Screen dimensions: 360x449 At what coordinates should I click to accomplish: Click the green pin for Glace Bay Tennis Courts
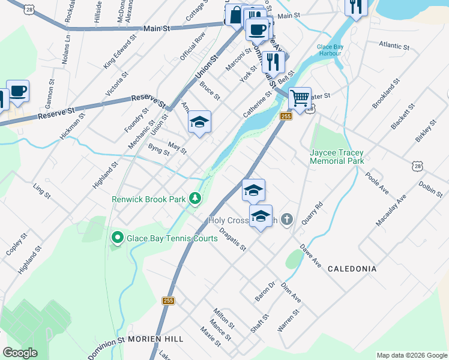117,238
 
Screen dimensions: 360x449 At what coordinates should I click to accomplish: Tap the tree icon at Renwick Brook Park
194,198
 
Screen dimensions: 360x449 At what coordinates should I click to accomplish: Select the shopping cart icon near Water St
300,98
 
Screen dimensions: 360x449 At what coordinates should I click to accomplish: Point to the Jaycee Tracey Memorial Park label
337,157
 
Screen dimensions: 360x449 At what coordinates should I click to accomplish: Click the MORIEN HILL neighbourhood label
155,339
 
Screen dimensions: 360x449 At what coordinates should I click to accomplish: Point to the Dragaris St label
233,238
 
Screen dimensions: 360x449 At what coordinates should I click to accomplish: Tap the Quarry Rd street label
312,213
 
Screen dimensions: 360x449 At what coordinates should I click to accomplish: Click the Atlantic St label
394,46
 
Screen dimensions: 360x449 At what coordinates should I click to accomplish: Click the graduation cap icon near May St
199,122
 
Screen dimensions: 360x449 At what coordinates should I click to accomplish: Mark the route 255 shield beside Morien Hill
167,300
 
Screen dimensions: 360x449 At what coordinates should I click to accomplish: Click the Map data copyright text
411,355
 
